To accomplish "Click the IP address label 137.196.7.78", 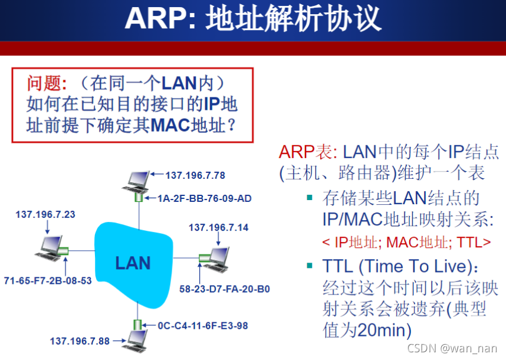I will tap(195, 175).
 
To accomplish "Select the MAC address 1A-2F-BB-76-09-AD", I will tap(205, 198).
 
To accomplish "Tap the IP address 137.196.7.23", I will tap(45, 214).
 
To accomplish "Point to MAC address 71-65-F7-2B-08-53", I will tap(48, 280).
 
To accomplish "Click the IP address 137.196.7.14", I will tap(219, 227).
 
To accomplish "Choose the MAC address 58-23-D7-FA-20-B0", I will tap(225, 289).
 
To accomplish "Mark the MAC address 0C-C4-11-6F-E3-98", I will tap(203, 325).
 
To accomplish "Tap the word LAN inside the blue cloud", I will tap(133, 263).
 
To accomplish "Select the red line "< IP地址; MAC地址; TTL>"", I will tap(406, 241).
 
